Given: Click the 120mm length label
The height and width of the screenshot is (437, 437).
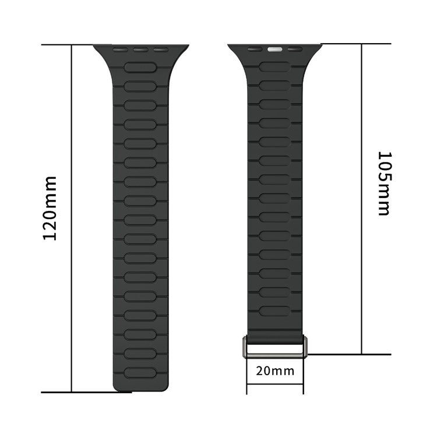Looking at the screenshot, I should pyautogui.click(x=51, y=209).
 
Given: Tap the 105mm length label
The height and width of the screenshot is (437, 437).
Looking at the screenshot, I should pyautogui.click(x=384, y=183).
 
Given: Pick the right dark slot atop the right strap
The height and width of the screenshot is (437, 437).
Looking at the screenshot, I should pyautogui.click(x=295, y=50).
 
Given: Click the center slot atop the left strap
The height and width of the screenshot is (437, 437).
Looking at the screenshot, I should pyautogui.click(x=141, y=50).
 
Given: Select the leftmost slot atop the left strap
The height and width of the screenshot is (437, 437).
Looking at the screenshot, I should pyautogui.click(x=121, y=50).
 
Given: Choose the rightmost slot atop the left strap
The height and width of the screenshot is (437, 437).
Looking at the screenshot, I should pyautogui.click(x=161, y=50).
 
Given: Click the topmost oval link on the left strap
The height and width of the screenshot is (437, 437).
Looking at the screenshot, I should pyautogui.click(x=140, y=67).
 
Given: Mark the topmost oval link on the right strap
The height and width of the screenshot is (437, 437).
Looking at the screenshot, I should pyautogui.click(x=274, y=66).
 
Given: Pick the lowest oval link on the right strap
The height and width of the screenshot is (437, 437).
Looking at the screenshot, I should pyautogui.click(x=274, y=310).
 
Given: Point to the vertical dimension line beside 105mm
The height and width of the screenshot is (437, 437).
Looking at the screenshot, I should pyautogui.click(x=362, y=198).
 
